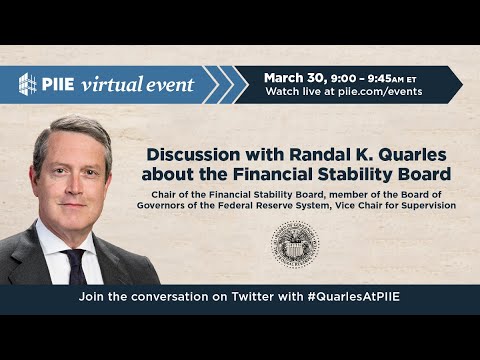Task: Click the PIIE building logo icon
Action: pyautogui.click(x=28, y=84)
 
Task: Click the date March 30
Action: pyautogui.click(x=294, y=77)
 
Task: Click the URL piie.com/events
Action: pyautogui.click(x=379, y=92)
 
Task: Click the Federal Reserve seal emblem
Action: pyautogui.click(x=295, y=245)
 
